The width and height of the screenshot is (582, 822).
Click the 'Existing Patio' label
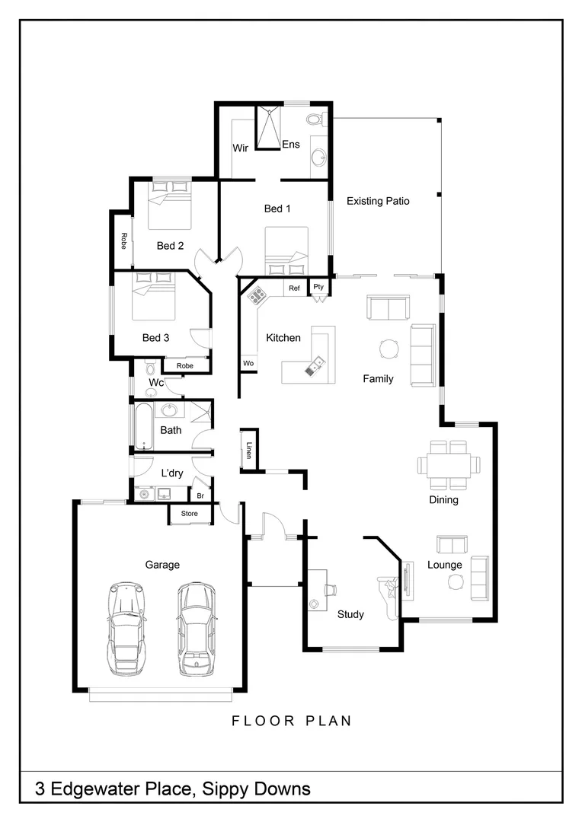[378, 202]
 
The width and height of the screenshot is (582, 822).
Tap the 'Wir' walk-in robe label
[241, 148]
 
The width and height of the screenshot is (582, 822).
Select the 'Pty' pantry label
[318, 287]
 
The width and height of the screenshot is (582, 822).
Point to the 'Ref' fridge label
[294, 288]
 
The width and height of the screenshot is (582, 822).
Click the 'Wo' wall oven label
[248, 364]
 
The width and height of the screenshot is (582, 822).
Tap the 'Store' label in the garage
[189, 515]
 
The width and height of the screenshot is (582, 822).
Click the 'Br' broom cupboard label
[201, 495]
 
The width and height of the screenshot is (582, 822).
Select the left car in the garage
[126, 628]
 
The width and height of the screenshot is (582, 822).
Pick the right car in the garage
[194, 629]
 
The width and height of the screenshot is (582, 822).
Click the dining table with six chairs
[449, 464]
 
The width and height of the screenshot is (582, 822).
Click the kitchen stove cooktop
[256, 295]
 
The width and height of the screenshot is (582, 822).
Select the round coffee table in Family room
[389, 349]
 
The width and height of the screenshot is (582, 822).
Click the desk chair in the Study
[331, 588]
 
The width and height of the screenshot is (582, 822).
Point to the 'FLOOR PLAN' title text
[292, 721]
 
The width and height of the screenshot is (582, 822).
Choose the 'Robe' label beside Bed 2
[123, 241]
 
